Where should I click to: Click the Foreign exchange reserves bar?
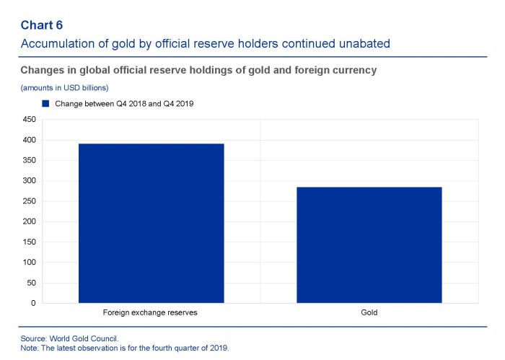[151, 223]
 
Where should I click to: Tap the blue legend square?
[45, 104]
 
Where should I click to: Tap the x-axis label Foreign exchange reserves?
[151, 313]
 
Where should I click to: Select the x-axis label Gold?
[369, 313]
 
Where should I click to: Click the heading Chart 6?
[42, 26]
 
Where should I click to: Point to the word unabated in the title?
[365, 44]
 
